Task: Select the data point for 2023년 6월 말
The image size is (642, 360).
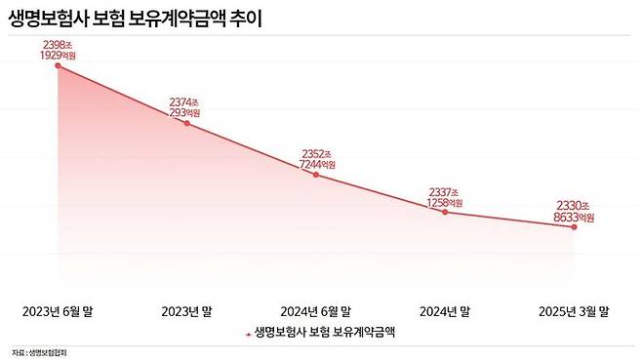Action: pyautogui.click(x=58, y=65)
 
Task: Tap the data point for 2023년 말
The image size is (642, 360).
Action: pyautogui.click(x=186, y=123)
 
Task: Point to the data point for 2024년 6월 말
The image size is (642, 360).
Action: pyautogui.click(x=316, y=175)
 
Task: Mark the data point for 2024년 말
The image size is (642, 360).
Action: pyautogui.click(x=445, y=211)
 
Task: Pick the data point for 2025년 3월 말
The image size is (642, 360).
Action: pyautogui.click(x=574, y=226)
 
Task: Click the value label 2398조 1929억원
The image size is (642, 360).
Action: pyautogui.click(x=59, y=51)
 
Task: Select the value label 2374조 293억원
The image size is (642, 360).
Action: pyautogui.click(x=184, y=106)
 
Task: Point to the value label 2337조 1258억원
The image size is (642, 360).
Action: pyautogui.click(x=444, y=195)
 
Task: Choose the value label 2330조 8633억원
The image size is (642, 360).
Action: pyautogui.click(x=573, y=211)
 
